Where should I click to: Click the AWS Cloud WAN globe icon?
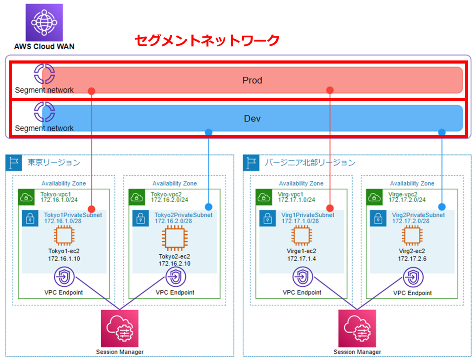[44, 22]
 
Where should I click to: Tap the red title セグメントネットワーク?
[207, 40]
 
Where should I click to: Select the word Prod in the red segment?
[252, 80]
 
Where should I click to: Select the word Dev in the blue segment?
[252, 119]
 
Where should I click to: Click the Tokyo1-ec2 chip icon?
[64, 235]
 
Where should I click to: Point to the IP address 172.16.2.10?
[175, 263]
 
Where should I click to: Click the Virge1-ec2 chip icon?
[302, 235]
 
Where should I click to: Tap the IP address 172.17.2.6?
[412, 259]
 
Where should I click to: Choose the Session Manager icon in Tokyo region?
[120, 328]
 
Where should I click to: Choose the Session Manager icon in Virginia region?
[357, 328]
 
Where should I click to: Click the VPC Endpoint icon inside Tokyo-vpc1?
[64, 277]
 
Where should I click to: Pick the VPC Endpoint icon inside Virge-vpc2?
[413, 277]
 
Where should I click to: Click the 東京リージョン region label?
[54, 163]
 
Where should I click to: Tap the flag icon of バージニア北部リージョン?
[251, 163]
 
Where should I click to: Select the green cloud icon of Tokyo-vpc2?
[137, 197]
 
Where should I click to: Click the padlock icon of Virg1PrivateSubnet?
[268, 218]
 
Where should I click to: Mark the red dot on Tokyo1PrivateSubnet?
[91, 209]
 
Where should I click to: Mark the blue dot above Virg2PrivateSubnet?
[442, 207]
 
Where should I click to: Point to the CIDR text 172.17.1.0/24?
[296, 200]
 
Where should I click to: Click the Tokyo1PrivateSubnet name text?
[73, 215]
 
